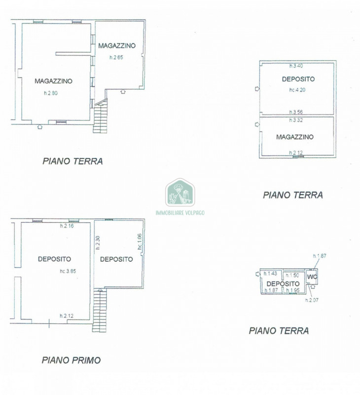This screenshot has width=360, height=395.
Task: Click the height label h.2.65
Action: (116, 58)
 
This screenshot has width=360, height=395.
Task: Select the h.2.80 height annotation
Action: (51, 93)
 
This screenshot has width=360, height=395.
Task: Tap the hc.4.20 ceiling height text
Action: (298, 90)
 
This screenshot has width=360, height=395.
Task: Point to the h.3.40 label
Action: (297, 66)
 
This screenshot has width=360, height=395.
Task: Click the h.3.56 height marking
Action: (297, 112)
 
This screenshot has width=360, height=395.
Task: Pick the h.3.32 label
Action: (297, 120)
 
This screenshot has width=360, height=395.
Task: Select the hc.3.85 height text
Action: (68, 271)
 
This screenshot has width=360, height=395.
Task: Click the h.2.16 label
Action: (67, 226)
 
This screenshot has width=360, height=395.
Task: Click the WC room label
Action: (312, 276)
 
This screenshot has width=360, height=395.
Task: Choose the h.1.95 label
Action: (293, 290)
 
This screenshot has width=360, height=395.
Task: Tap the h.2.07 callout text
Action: (312, 300)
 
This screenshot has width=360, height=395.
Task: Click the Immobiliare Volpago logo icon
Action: (180, 192)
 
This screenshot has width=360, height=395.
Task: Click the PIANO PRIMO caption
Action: (71, 360)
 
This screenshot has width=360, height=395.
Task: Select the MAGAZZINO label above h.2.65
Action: (117, 46)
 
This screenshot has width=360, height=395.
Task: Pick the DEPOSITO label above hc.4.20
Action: (298, 79)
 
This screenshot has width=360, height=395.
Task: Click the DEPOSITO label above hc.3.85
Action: (54, 259)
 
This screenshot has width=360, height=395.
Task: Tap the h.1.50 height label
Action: (293, 275)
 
